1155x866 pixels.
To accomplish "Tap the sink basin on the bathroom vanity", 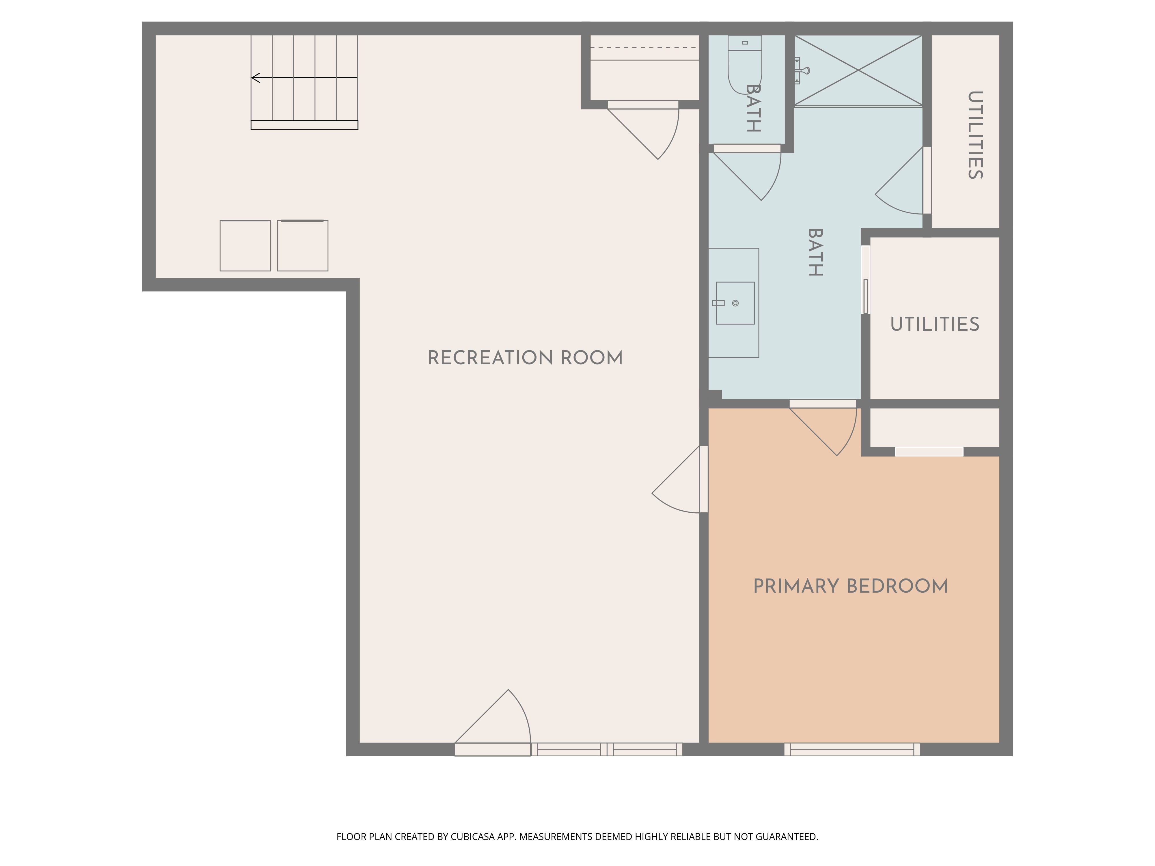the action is pos(735,303).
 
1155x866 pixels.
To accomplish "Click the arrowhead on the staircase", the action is pos(256,78).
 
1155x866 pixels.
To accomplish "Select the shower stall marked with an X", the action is pos(858,70).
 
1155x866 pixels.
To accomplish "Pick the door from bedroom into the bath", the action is pos(823,428).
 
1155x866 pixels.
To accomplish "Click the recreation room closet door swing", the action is pos(643,130).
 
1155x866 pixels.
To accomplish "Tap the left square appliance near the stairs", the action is pos(245,245).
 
